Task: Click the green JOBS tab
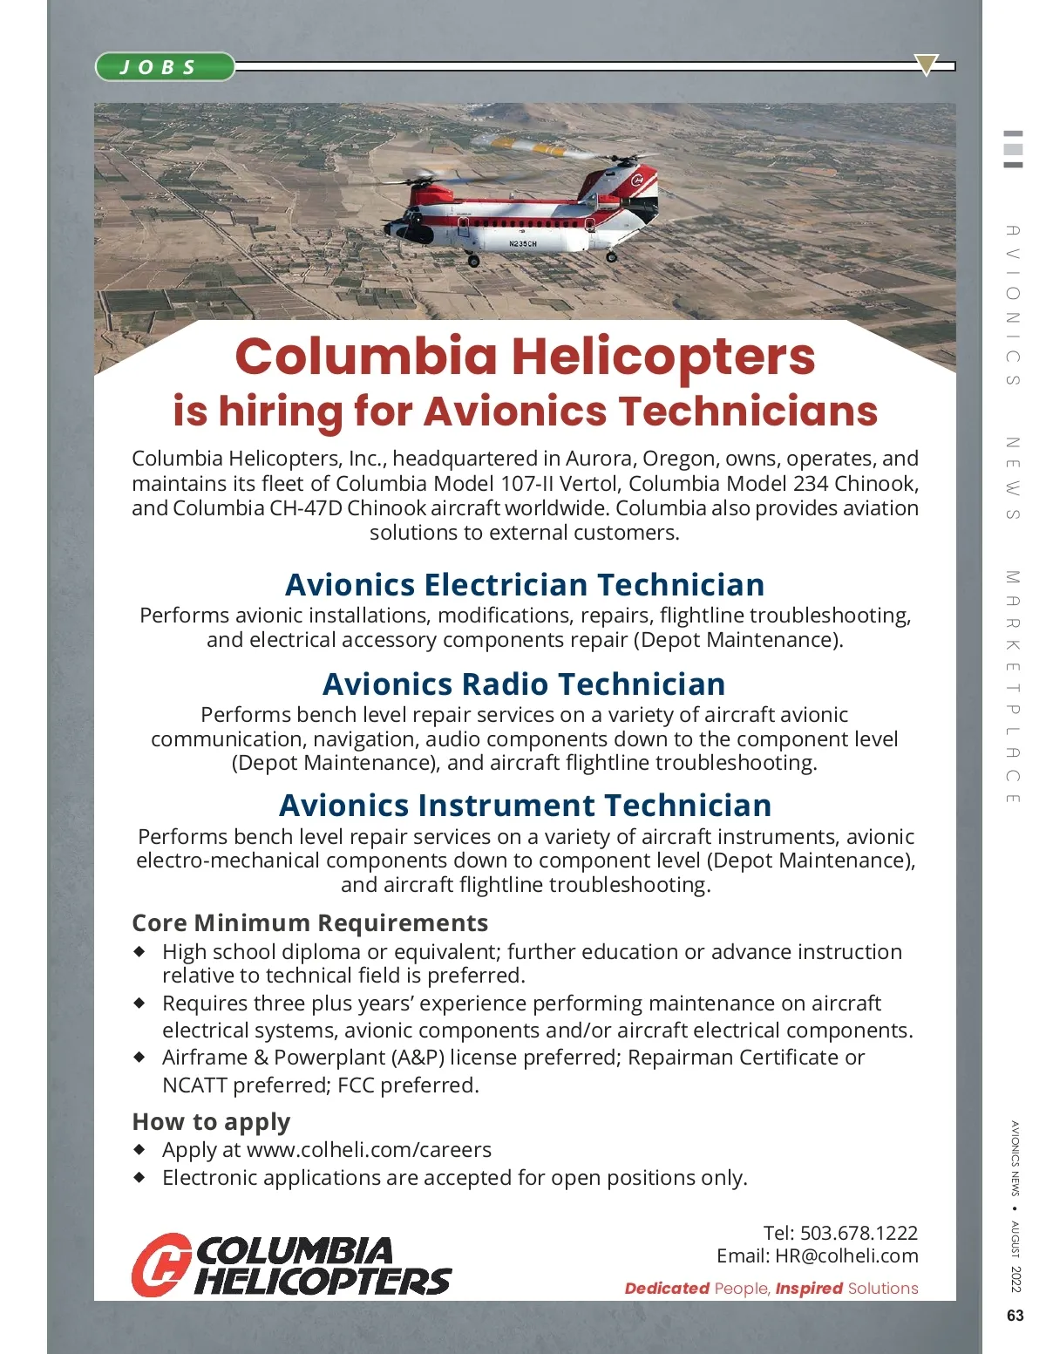(164, 67)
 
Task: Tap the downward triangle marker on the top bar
(926, 65)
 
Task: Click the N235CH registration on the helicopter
(523, 244)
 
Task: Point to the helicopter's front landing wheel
(473, 260)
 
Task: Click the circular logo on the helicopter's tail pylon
(637, 181)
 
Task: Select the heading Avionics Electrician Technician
(525, 584)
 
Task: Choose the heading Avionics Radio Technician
(524, 684)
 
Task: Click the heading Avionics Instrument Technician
(525, 806)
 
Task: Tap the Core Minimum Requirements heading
(309, 923)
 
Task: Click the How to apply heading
(211, 1122)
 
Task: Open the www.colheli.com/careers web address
(369, 1150)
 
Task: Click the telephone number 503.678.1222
(859, 1233)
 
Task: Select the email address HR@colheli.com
(846, 1256)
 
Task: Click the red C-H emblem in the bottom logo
(161, 1264)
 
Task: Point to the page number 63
(1015, 1316)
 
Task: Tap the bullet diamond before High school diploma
(139, 952)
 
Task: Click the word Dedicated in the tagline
(667, 1289)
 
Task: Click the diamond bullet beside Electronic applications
(139, 1178)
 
